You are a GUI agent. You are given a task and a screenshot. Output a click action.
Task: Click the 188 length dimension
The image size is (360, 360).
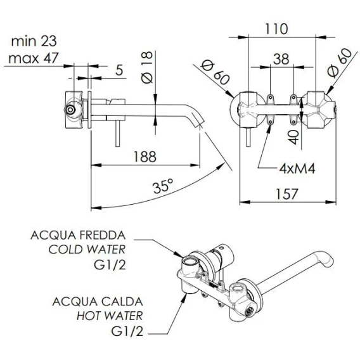[145, 157]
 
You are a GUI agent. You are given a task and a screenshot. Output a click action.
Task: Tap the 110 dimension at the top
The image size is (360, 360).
[276, 29]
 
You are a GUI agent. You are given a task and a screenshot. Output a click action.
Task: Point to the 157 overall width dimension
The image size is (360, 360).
[286, 193]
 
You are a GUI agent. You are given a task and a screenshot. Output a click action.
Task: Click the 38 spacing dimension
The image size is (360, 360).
[281, 59]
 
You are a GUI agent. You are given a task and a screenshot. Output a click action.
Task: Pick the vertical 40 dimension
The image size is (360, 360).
[294, 137]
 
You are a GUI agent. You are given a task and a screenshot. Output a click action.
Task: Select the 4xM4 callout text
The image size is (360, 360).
[297, 169]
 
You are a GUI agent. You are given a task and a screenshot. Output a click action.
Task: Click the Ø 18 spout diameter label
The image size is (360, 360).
[147, 67]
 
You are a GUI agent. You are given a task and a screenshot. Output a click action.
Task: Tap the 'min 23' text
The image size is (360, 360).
[34, 41]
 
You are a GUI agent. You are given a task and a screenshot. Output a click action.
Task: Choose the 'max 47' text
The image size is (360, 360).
[34, 58]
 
